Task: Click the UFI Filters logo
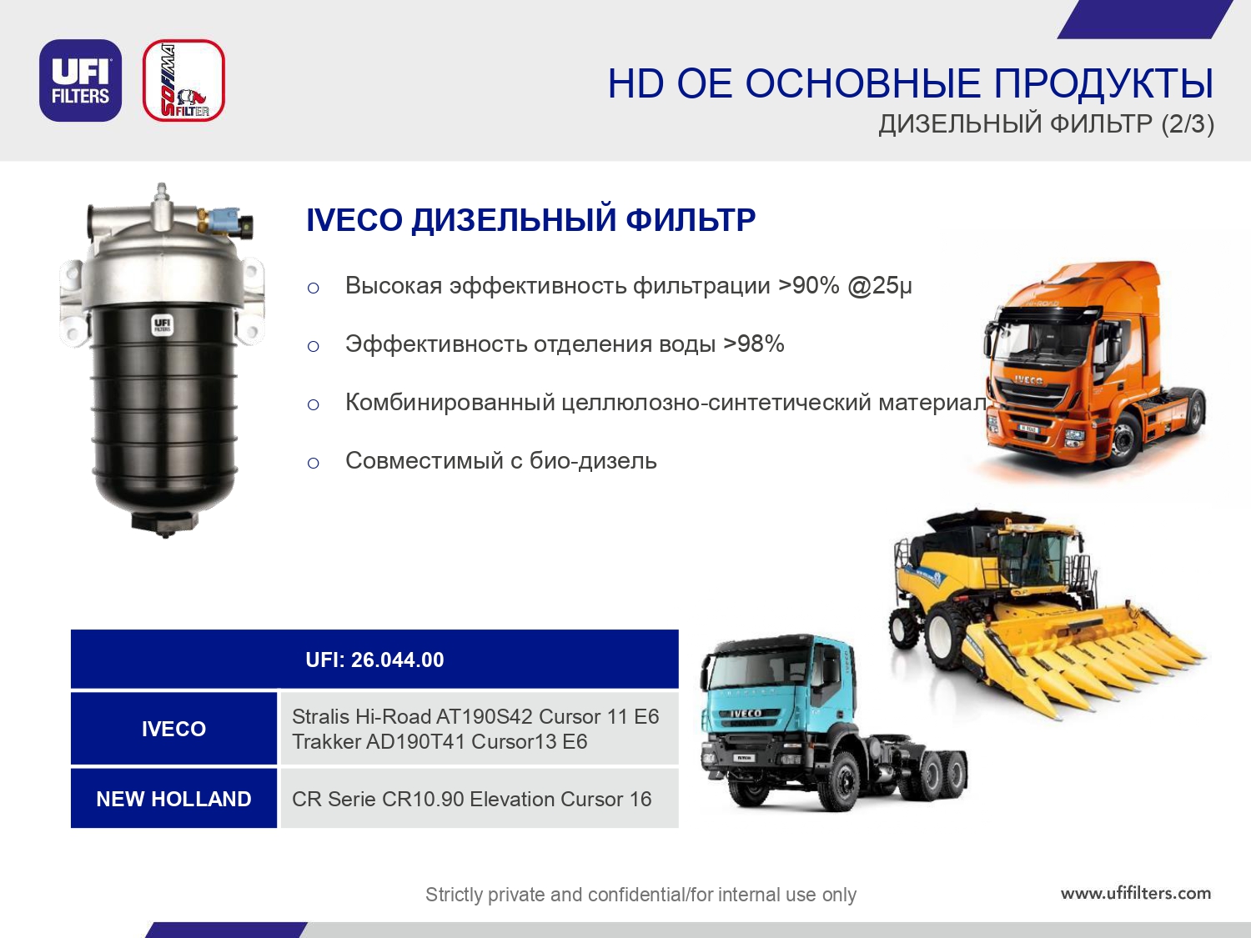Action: pos(80,80)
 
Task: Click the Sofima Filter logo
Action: pos(183,80)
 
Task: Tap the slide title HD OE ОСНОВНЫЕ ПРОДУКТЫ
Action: pos(910,83)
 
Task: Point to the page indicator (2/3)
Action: pos(1188,123)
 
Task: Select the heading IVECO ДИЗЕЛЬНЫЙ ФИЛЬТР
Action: pos(530,220)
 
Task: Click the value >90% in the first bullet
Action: pos(809,285)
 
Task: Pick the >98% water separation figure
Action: pos(754,344)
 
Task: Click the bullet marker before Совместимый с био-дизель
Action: pos(313,463)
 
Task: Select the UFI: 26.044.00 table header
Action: pos(374,660)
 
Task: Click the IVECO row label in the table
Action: pos(173,729)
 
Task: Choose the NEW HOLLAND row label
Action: pos(173,799)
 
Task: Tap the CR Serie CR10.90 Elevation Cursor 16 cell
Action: pos(471,799)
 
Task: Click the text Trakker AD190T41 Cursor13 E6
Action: pos(440,741)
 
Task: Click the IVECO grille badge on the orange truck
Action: pos(1028,380)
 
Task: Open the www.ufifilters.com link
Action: pos(1136,892)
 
